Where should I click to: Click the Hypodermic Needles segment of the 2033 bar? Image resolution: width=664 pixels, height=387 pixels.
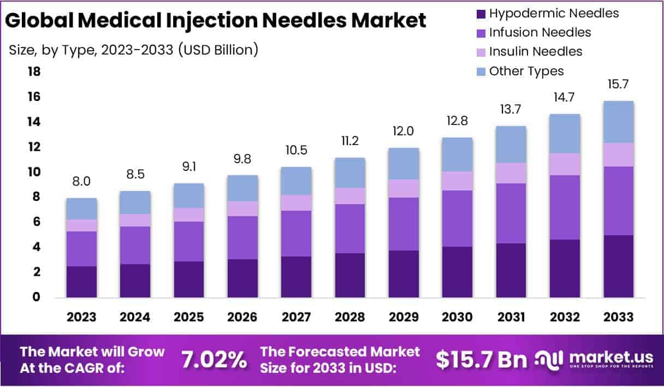coord(618,266)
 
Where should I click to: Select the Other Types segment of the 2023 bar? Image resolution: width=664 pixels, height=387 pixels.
coord(82,209)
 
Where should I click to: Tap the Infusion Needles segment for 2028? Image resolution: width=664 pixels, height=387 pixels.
coord(350,229)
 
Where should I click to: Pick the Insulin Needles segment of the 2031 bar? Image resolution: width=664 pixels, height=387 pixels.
coord(511,173)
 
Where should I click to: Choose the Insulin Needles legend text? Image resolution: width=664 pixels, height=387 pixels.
coord(536,51)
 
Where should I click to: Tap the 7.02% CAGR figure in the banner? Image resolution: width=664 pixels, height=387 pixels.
coord(214,359)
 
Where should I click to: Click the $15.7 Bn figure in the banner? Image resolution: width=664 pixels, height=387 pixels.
coord(482,359)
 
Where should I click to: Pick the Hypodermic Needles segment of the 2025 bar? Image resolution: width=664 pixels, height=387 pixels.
coord(189,279)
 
